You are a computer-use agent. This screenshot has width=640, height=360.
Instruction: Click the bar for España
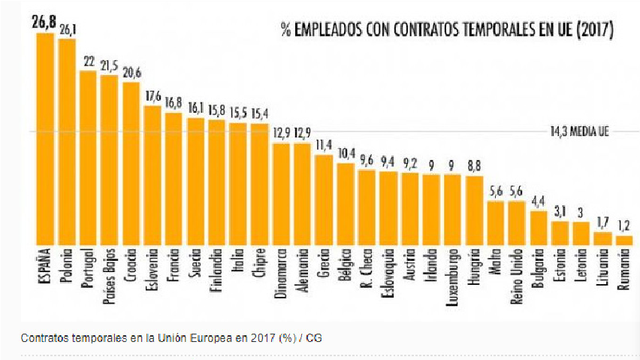pyautogui.click(x=45, y=139)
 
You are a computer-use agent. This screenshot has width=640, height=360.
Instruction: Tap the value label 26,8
pyautogui.click(x=44, y=23)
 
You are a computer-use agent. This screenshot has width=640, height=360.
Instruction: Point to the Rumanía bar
pyautogui.click(x=623, y=241)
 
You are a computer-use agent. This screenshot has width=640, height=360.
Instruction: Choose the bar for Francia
pyautogui.click(x=174, y=179)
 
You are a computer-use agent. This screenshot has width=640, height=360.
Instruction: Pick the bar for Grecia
pyautogui.click(x=324, y=200)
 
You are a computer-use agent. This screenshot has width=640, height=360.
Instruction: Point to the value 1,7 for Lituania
pyautogui.click(x=602, y=222)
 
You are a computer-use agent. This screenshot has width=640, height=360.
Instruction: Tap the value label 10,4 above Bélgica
pyautogui.click(x=346, y=153)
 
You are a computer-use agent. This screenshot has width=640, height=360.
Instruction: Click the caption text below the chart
pyautogui.click(x=172, y=337)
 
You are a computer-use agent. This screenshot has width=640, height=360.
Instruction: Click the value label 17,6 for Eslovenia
pyautogui.click(x=152, y=96)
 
